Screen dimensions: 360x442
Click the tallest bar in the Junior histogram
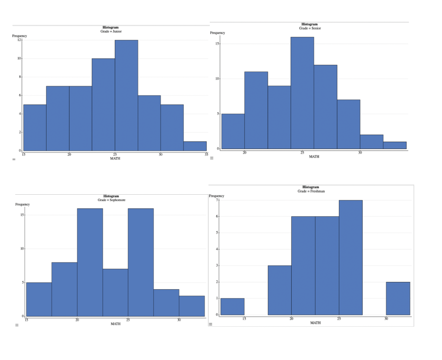pyautogui.click(x=126, y=95)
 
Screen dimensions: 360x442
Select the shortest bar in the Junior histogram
pyautogui.click(x=195, y=146)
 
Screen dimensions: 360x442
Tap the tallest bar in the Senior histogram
pyautogui.click(x=302, y=93)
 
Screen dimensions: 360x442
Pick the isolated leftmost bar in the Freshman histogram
pyautogui.click(x=232, y=307)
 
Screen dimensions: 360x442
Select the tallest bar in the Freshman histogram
pyautogui.click(x=350, y=257)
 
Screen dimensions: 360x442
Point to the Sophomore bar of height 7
pyautogui.click(x=115, y=293)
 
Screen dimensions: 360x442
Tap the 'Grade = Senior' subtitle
pyautogui.click(x=310, y=28)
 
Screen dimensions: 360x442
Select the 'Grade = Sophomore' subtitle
pyautogui.click(x=111, y=200)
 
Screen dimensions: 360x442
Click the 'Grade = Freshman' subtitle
pyautogui.click(x=311, y=191)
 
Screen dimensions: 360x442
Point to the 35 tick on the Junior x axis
pyautogui.click(x=206, y=154)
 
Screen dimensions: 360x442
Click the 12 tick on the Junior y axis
pyautogui.click(x=19, y=40)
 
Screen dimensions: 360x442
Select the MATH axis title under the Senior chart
pyautogui.click(x=314, y=157)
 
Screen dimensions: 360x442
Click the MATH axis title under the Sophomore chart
pyautogui.click(x=115, y=324)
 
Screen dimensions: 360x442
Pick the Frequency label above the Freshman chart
pyautogui.click(x=217, y=196)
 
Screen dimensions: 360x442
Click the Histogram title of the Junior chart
pyautogui.click(x=110, y=28)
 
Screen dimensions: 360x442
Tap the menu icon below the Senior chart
pyautogui.click(x=212, y=158)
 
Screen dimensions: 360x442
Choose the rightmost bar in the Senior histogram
pyautogui.click(x=395, y=145)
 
